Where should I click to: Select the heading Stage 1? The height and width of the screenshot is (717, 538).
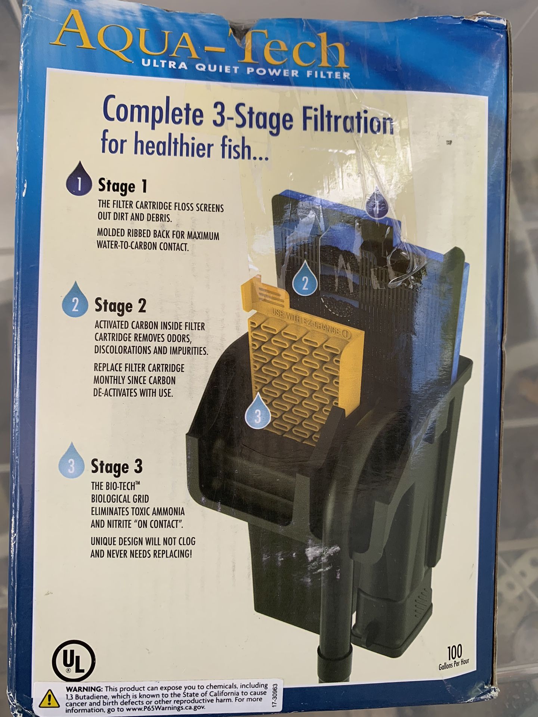pyautogui.click(x=122, y=186)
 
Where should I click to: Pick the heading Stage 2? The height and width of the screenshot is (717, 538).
pyautogui.click(x=120, y=306)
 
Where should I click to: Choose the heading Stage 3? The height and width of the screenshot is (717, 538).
pyautogui.click(x=117, y=467)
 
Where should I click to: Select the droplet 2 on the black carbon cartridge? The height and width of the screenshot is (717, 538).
pyautogui.click(x=305, y=280)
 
